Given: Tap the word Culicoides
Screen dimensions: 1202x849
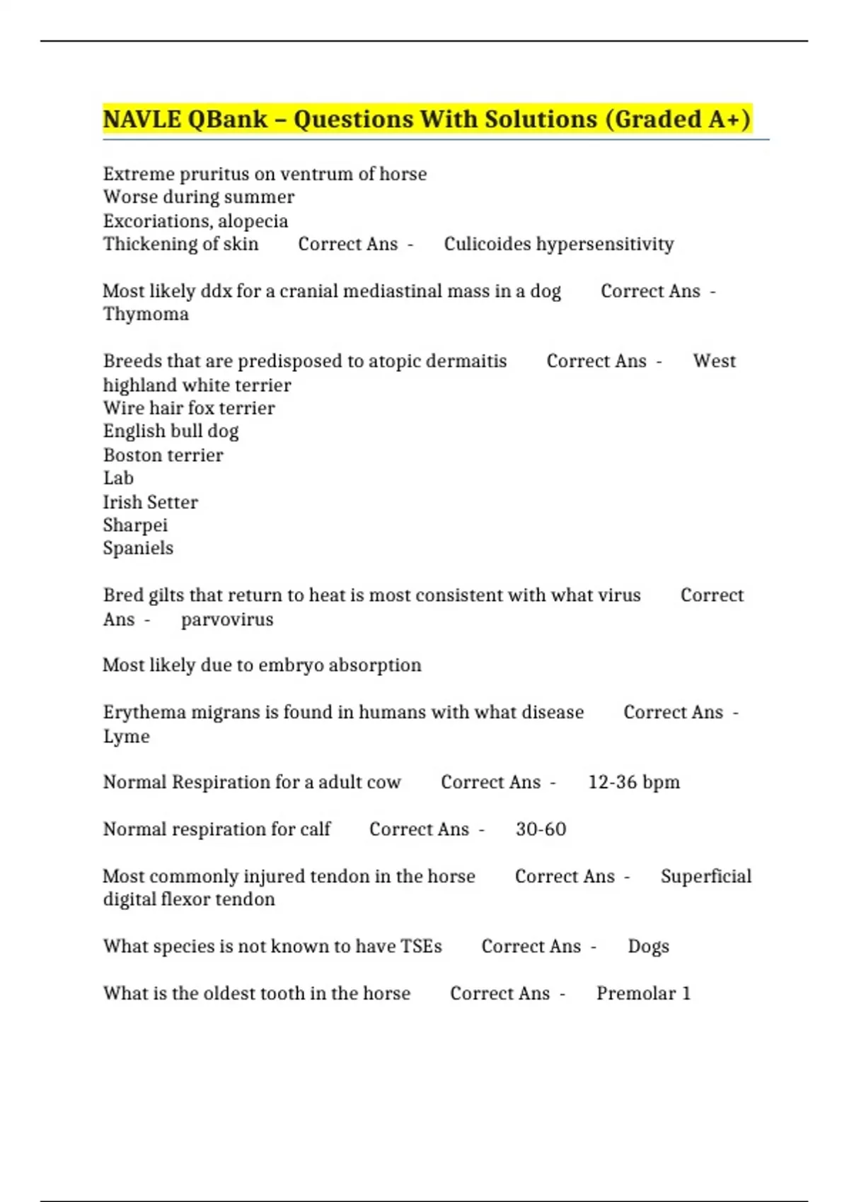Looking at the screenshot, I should point(487,244).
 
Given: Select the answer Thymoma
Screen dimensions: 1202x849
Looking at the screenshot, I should point(146,314).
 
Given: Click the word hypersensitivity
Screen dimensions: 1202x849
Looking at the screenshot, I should point(605,244).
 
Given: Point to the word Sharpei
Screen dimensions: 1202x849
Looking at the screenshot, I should point(135,525).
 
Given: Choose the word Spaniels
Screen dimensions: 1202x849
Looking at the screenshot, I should point(138,548).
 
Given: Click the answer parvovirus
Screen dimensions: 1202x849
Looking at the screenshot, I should point(227,619).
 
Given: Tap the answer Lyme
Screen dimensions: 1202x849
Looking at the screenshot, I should point(126,736).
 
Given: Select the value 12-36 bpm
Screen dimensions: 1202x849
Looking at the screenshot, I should point(634,782).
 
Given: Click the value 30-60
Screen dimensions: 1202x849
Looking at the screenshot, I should point(541,829).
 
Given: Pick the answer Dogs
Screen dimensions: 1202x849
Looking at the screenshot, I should point(648,947).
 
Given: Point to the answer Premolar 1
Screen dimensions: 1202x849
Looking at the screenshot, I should point(643,993).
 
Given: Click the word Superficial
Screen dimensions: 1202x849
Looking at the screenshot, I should point(706,876).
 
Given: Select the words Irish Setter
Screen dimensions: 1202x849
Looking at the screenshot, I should point(150,502).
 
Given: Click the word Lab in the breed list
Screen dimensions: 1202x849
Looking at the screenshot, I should point(118,478).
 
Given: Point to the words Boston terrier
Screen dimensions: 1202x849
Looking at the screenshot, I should point(163,455).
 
